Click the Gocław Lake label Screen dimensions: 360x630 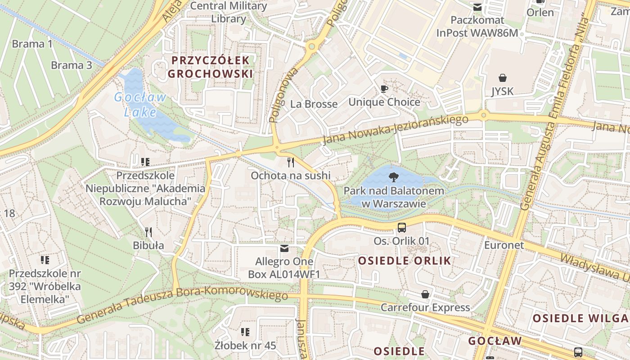(x=140, y=104)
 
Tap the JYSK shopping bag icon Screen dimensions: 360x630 (x=502, y=78)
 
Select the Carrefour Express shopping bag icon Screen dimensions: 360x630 (x=425, y=294)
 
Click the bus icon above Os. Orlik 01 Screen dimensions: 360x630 (x=402, y=228)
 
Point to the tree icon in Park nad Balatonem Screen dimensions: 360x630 (x=394, y=177)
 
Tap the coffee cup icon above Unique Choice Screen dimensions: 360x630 (x=384, y=89)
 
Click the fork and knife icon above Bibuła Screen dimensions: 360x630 (x=148, y=232)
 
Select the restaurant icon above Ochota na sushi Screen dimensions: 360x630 (x=291, y=162)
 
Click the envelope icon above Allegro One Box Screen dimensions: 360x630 (x=284, y=248)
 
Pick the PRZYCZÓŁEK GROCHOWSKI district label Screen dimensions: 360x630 (x=211, y=67)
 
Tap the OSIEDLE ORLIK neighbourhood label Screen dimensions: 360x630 (x=405, y=261)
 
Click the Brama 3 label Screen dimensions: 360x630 (x=71, y=65)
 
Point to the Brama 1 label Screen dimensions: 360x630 (x=32, y=44)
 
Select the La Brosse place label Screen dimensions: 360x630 (x=314, y=104)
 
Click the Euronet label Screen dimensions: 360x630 (x=504, y=245)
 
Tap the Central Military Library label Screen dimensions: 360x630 (x=229, y=12)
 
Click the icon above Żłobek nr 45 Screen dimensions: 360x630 (x=245, y=332)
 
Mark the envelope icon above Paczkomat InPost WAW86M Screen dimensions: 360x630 (x=477, y=7)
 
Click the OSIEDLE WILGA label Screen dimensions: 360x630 (x=580, y=318)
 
